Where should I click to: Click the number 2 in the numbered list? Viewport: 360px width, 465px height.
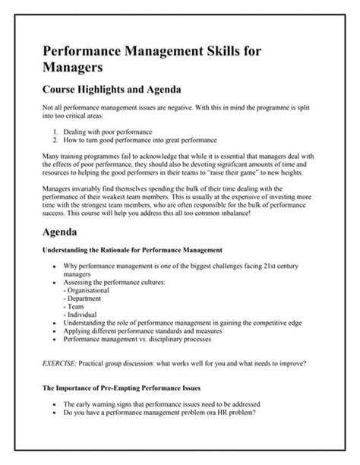click(x=56, y=141)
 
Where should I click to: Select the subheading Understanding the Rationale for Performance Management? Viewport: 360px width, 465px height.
click(x=131, y=251)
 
